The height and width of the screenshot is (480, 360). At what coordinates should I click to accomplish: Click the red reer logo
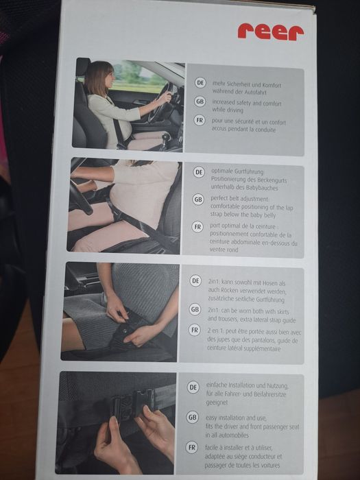271,32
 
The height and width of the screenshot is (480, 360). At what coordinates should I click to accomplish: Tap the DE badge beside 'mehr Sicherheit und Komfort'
200,83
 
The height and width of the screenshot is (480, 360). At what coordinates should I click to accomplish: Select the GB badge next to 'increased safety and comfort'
200,101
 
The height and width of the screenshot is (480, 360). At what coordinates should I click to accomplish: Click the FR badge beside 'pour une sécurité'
200,120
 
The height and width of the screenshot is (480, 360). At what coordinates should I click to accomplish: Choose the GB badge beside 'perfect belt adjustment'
198,200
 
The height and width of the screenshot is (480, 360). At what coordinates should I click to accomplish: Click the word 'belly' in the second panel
269,215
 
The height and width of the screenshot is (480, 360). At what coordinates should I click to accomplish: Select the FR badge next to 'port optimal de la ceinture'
197,227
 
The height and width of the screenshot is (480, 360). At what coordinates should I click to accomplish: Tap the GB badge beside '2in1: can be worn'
195,309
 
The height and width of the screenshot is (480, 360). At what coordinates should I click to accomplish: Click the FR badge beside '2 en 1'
194,330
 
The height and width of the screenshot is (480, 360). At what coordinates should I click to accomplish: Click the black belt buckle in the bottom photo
132,403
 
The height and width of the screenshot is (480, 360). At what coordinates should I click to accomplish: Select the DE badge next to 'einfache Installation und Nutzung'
193,387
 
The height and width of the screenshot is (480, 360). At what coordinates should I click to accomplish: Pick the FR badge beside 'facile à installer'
192,447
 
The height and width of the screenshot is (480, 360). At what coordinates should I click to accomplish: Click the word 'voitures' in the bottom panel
269,466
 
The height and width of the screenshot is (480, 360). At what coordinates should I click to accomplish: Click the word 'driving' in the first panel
235,110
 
